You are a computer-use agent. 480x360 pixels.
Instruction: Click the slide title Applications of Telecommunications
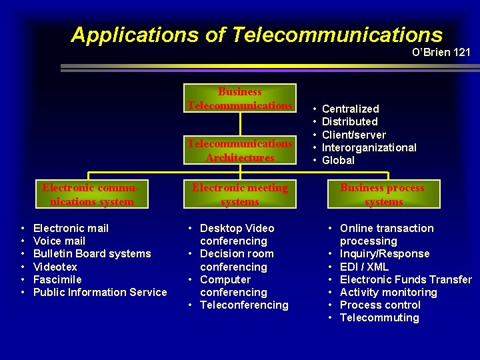(256, 35)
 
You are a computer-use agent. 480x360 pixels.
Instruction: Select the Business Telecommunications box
(240, 99)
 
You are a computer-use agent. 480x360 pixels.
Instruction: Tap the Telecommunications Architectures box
(240, 151)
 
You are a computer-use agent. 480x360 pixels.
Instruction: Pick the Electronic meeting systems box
(240, 195)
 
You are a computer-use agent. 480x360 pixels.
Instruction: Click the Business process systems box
(382, 195)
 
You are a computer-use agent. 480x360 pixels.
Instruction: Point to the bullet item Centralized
(350, 109)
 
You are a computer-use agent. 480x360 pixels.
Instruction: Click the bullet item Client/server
(353, 135)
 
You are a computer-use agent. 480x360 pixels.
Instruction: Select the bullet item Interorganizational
(369, 147)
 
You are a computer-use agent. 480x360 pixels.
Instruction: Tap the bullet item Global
(338, 160)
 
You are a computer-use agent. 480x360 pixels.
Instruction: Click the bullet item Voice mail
(59, 241)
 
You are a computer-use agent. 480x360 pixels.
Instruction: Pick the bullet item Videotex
(55, 267)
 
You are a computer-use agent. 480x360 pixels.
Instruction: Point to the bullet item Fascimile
(57, 279)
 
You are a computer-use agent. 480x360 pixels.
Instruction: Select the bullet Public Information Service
(100, 292)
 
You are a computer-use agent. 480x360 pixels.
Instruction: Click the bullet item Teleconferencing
(244, 305)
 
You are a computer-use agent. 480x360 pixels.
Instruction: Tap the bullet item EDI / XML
(364, 267)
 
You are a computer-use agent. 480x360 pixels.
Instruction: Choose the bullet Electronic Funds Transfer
(405, 279)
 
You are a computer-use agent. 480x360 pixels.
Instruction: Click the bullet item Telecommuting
(379, 317)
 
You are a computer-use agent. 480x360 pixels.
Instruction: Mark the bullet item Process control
(380, 305)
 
